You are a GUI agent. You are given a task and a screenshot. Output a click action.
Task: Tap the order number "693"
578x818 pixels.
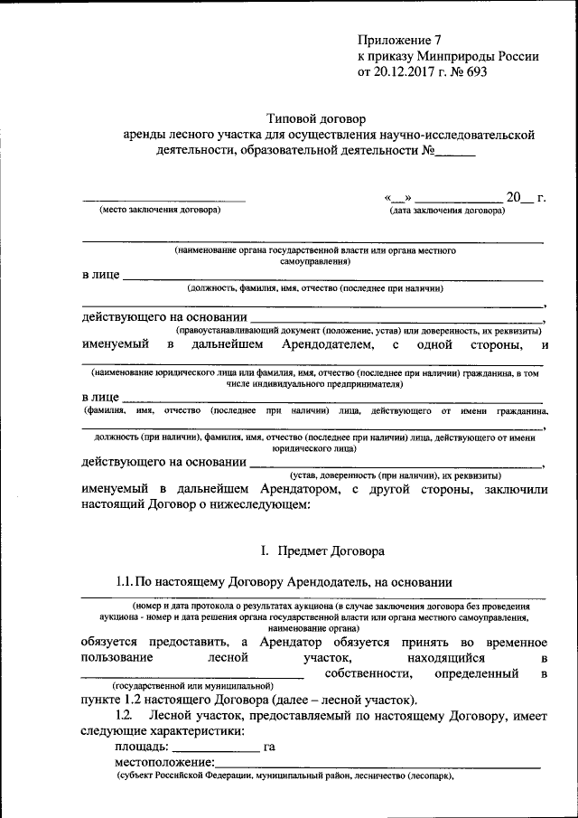pos(474,71)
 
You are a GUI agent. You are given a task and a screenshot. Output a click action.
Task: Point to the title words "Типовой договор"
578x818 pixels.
pos(316,118)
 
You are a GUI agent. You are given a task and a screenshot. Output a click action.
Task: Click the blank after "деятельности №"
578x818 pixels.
pos(454,153)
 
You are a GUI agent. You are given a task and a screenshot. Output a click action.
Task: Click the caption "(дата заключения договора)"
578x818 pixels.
pos(447,210)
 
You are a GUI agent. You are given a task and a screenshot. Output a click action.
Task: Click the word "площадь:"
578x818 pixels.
pos(141,747)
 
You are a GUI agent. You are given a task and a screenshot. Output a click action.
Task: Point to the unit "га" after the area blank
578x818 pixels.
pos(269,747)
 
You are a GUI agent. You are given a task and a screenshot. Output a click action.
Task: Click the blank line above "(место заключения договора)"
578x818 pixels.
pos(163,198)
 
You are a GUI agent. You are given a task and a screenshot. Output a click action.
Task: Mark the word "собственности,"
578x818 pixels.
pos(359,673)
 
